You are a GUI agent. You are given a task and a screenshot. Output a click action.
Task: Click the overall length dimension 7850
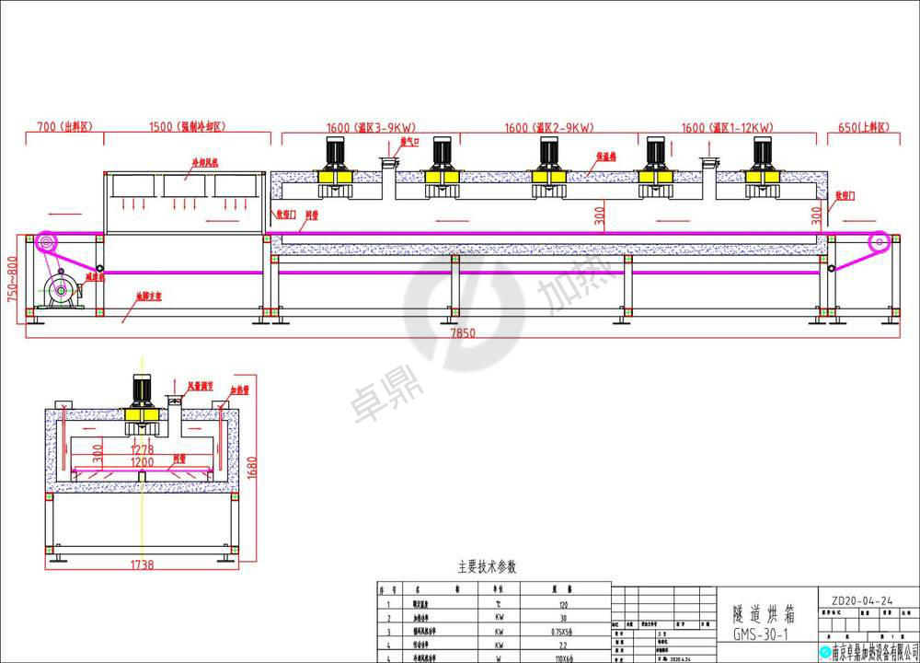[x=463, y=334]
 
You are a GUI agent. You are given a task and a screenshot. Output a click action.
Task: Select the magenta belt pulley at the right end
[x=880, y=242]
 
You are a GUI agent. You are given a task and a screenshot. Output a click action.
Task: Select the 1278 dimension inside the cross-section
[x=142, y=448]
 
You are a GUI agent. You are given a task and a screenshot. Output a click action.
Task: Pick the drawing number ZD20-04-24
[x=861, y=600]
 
